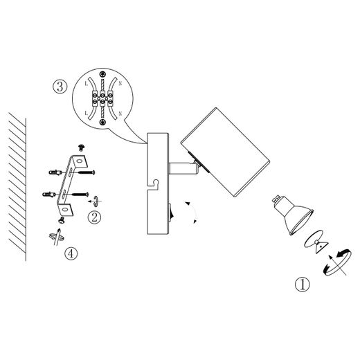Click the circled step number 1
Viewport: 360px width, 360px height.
tap(302, 285)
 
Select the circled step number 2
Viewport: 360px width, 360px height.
tap(94, 217)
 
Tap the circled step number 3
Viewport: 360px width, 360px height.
tap(60, 87)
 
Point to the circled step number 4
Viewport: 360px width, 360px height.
tap(71, 253)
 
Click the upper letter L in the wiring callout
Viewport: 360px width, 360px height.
tap(87, 84)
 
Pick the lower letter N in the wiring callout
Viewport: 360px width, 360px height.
tap(120, 114)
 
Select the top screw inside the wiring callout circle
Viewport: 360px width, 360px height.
tap(102, 74)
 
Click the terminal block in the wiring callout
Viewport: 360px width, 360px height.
tap(102, 98)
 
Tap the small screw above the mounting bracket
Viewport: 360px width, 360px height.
tap(81, 147)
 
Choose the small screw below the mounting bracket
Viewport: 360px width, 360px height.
tap(62, 220)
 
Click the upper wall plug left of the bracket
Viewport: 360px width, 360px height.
tap(55, 172)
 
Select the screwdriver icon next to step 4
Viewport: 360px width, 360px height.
tap(57, 237)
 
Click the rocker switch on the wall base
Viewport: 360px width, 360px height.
tap(172, 210)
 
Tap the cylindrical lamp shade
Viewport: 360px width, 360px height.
tap(225, 152)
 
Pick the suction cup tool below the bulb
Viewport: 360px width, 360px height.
tap(316, 242)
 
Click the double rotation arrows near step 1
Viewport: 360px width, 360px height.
tap(338, 262)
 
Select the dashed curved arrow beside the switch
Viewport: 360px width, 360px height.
tap(192, 213)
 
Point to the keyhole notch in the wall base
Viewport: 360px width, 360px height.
tap(154, 185)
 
